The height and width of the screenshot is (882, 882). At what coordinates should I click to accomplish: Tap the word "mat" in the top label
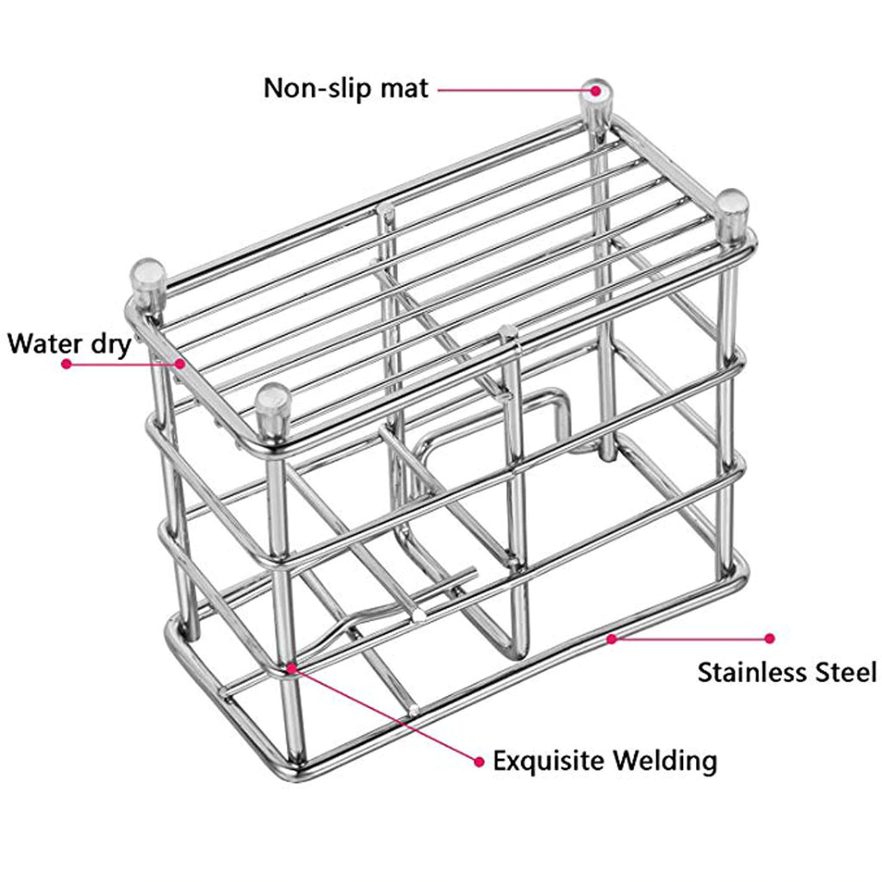[x=402, y=88]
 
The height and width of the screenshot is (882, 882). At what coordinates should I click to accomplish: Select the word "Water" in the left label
[x=43, y=343]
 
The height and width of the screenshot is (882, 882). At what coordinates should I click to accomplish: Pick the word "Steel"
[x=849, y=672]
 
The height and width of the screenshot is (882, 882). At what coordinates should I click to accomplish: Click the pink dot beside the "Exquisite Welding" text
[x=479, y=761]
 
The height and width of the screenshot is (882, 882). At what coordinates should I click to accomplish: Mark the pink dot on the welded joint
[x=292, y=667]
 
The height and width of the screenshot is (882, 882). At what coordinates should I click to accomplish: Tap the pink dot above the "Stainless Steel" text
[x=770, y=638]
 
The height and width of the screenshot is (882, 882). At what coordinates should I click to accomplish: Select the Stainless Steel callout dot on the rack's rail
[x=611, y=638]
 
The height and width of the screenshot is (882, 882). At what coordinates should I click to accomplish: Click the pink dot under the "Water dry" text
[x=65, y=363]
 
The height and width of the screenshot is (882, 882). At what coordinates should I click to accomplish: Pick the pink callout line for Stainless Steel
[x=689, y=638]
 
